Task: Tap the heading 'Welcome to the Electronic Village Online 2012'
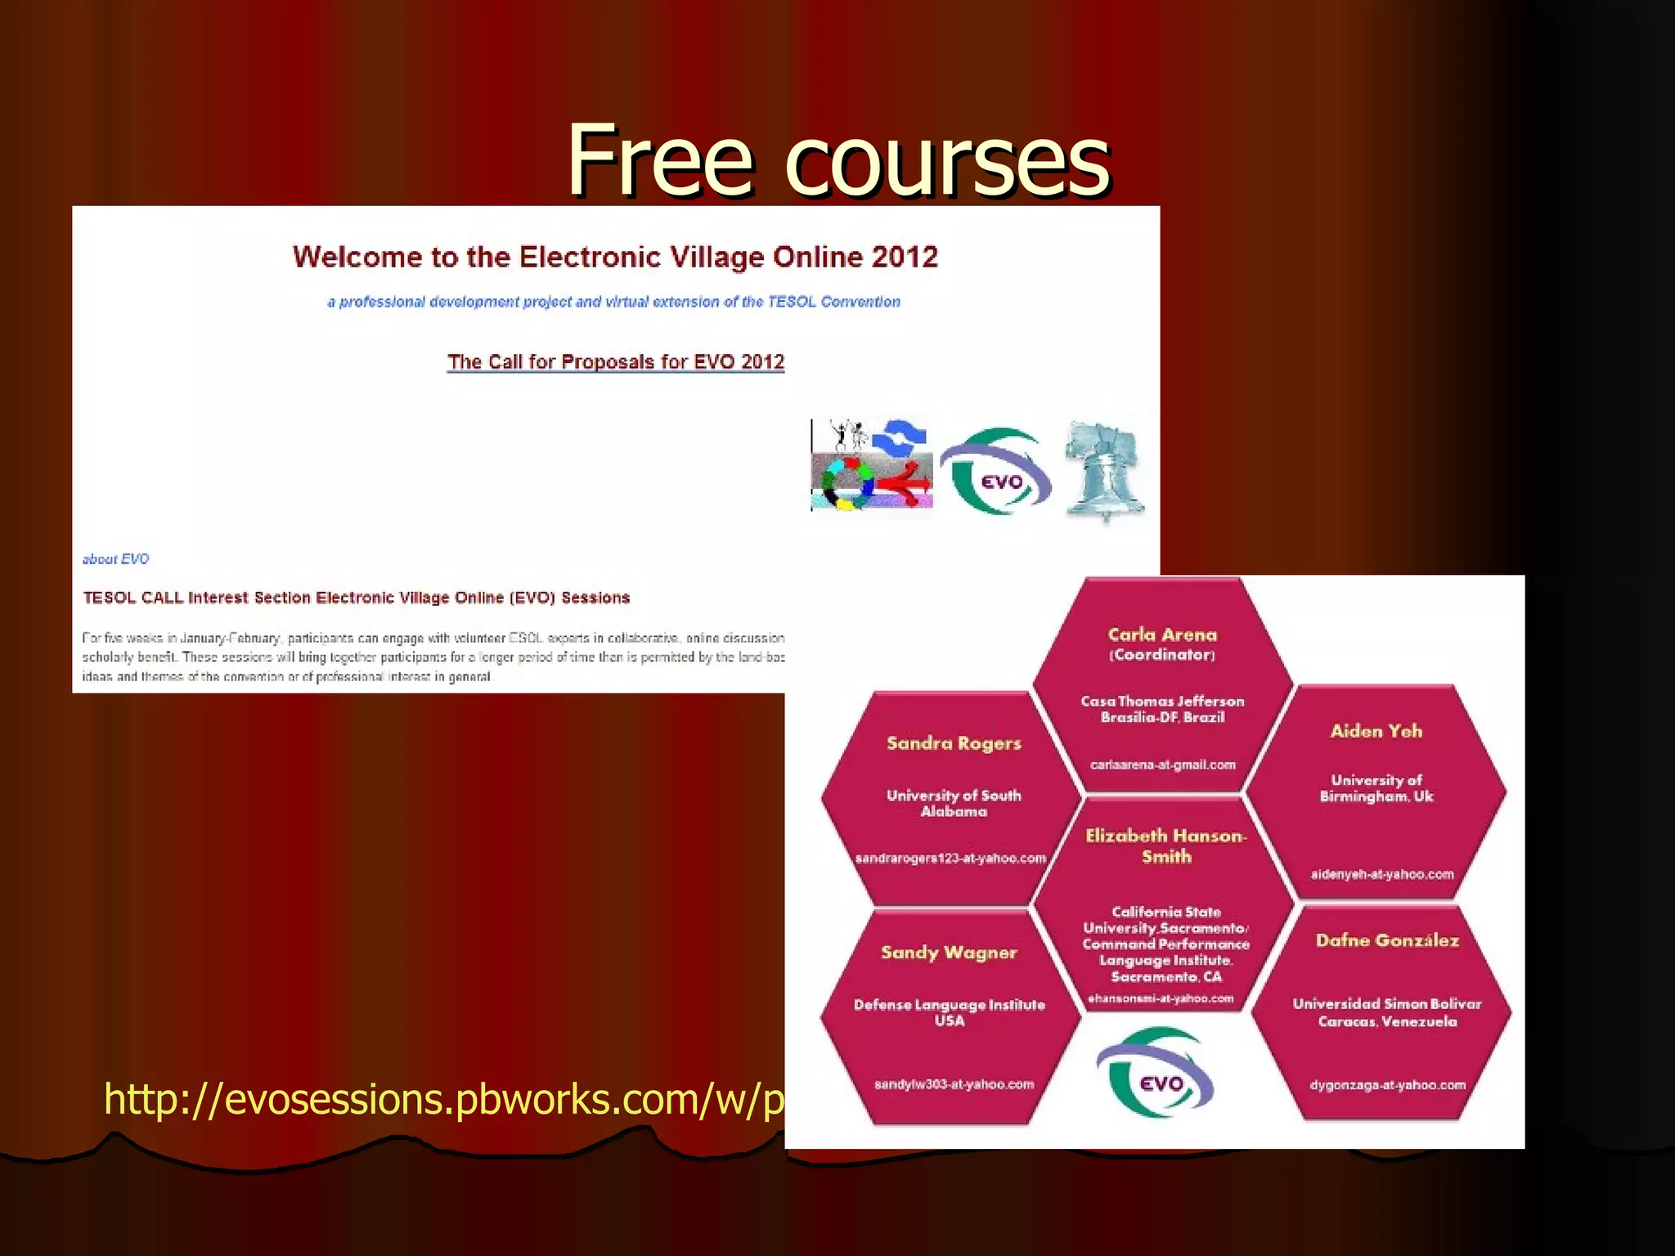[x=615, y=257]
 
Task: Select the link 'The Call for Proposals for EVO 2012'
[x=615, y=361]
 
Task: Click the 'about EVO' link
[x=115, y=559]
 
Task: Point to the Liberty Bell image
[x=1103, y=471]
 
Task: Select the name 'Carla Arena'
[x=1162, y=635]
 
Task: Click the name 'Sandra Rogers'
[x=954, y=743]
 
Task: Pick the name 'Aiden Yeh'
[x=1376, y=731]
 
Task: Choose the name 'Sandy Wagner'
[x=949, y=953]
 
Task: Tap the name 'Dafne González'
[x=1387, y=940]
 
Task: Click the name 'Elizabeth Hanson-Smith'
[x=1166, y=846]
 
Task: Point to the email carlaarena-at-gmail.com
[x=1162, y=765]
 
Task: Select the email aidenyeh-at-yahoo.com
[x=1382, y=875]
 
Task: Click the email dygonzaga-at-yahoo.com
[x=1387, y=1086]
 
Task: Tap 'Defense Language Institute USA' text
[x=950, y=1012]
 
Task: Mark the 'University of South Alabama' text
[x=954, y=803]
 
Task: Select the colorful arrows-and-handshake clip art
[x=872, y=464]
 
